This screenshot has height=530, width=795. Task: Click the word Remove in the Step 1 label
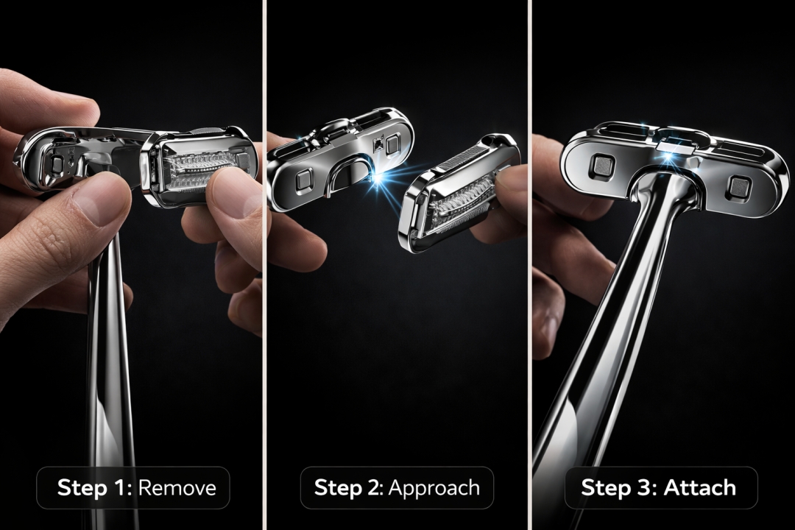click(177, 488)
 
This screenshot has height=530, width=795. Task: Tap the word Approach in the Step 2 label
click(434, 488)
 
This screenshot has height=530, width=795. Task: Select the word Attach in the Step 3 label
click(700, 487)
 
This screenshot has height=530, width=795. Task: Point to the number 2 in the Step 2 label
click(381, 487)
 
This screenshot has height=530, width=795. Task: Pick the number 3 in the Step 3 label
click(647, 487)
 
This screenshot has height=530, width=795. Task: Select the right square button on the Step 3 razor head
click(738, 188)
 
